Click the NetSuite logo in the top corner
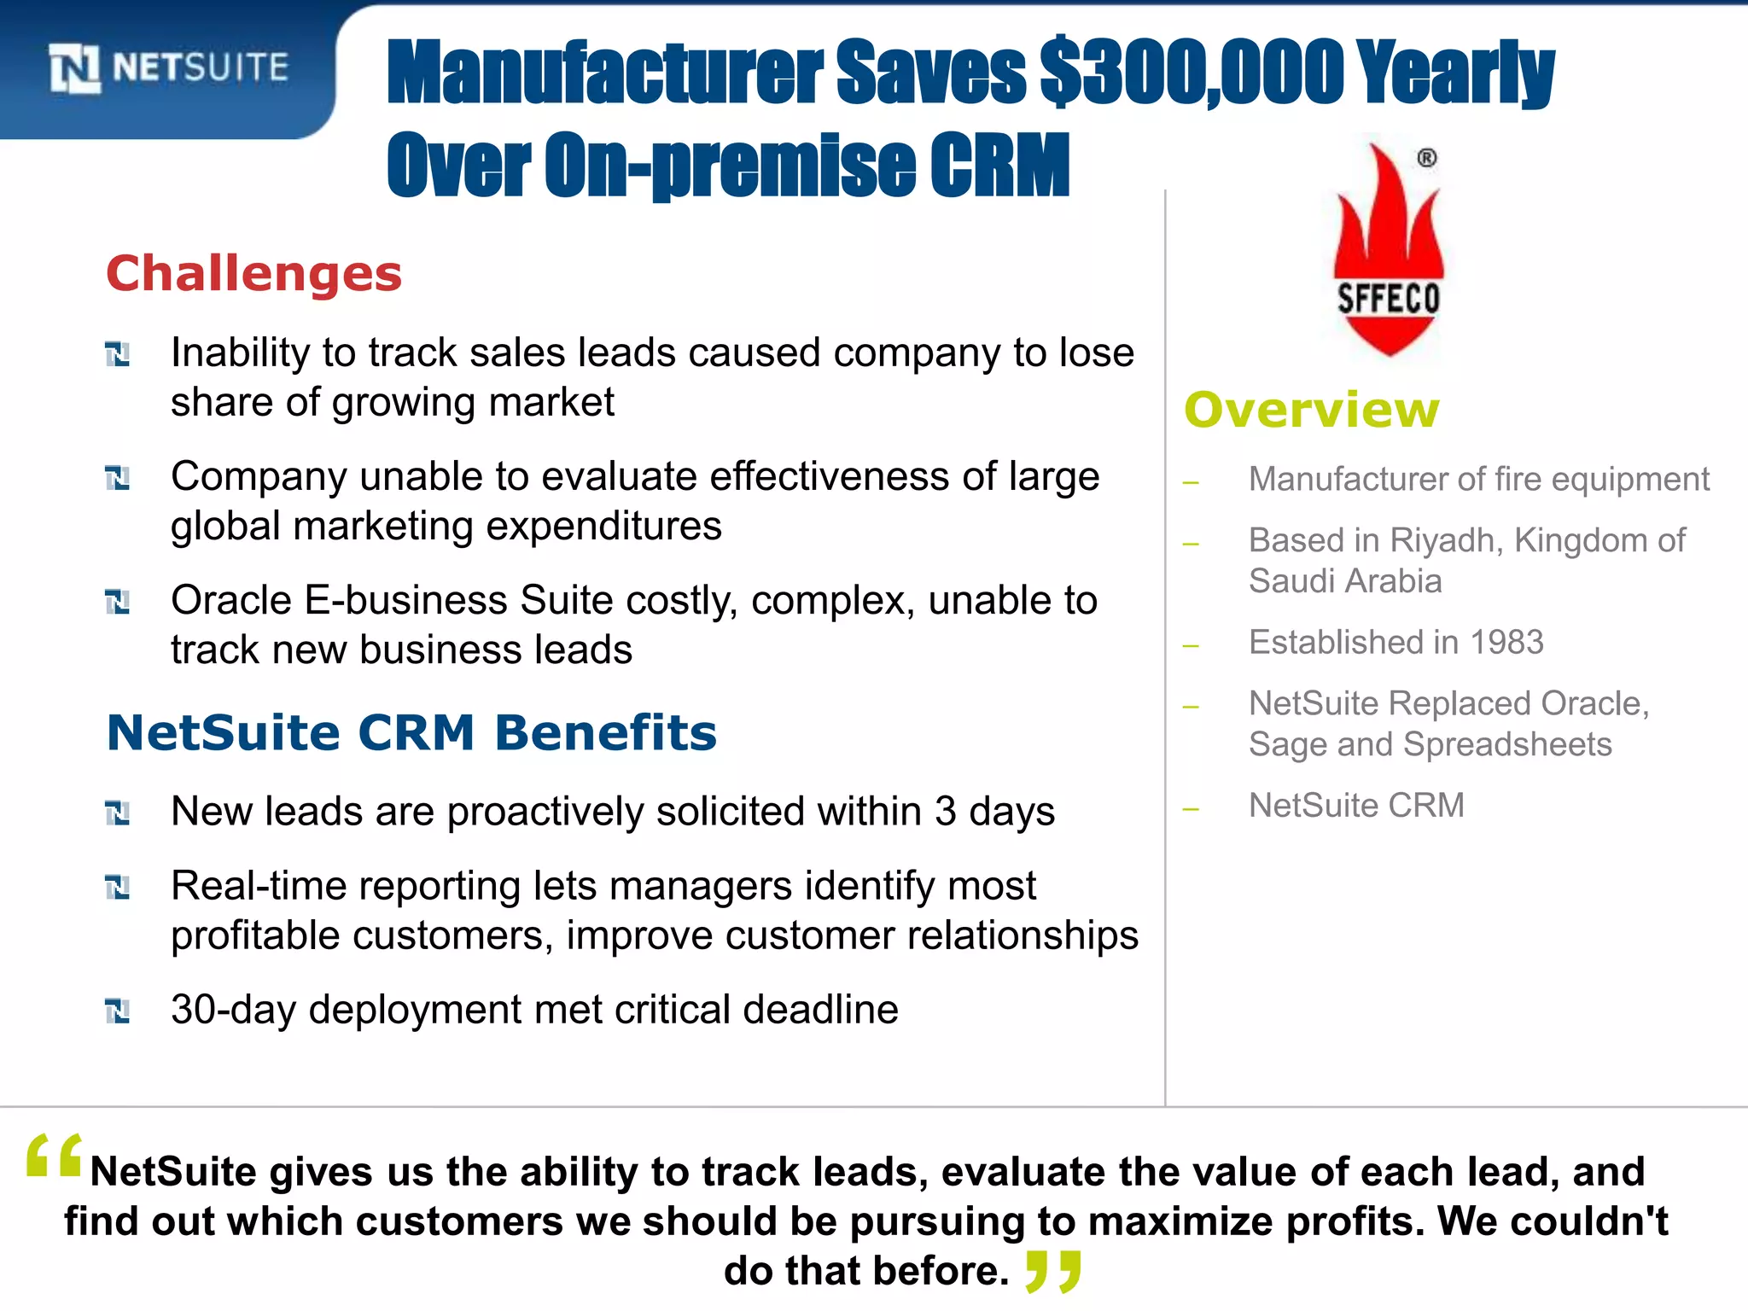[168, 67]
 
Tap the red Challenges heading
[253, 274]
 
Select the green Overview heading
[1311, 410]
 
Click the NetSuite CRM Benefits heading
[411, 732]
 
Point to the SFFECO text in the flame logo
[1388, 299]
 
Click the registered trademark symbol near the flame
[1427, 158]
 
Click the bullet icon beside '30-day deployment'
[117, 1011]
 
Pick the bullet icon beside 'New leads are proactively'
[117, 813]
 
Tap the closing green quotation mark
[1054, 1271]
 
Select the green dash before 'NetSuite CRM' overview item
[1192, 808]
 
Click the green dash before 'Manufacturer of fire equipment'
[1192, 482]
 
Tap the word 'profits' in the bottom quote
[1354, 1221]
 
